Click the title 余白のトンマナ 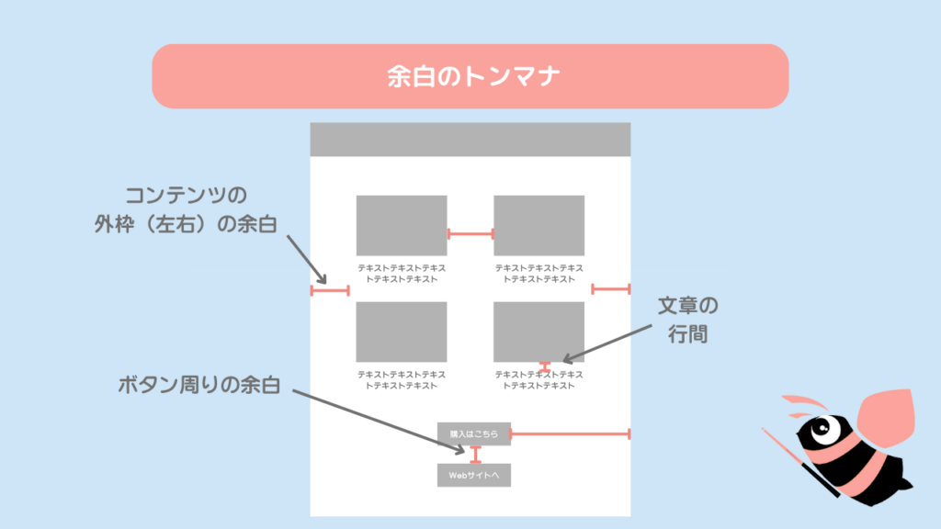(470, 76)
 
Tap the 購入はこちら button (473, 433)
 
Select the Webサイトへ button (473, 475)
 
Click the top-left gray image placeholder (402, 225)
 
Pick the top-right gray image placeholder (539, 225)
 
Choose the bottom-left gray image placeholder (402, 332)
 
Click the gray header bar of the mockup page (470, 140)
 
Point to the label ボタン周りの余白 (198, 385)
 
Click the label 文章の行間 (687, 319)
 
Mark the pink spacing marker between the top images (470, 233)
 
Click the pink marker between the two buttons (475, 455)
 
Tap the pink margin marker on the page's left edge (330, 291)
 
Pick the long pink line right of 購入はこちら (570, 433)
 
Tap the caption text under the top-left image (402, 274)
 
